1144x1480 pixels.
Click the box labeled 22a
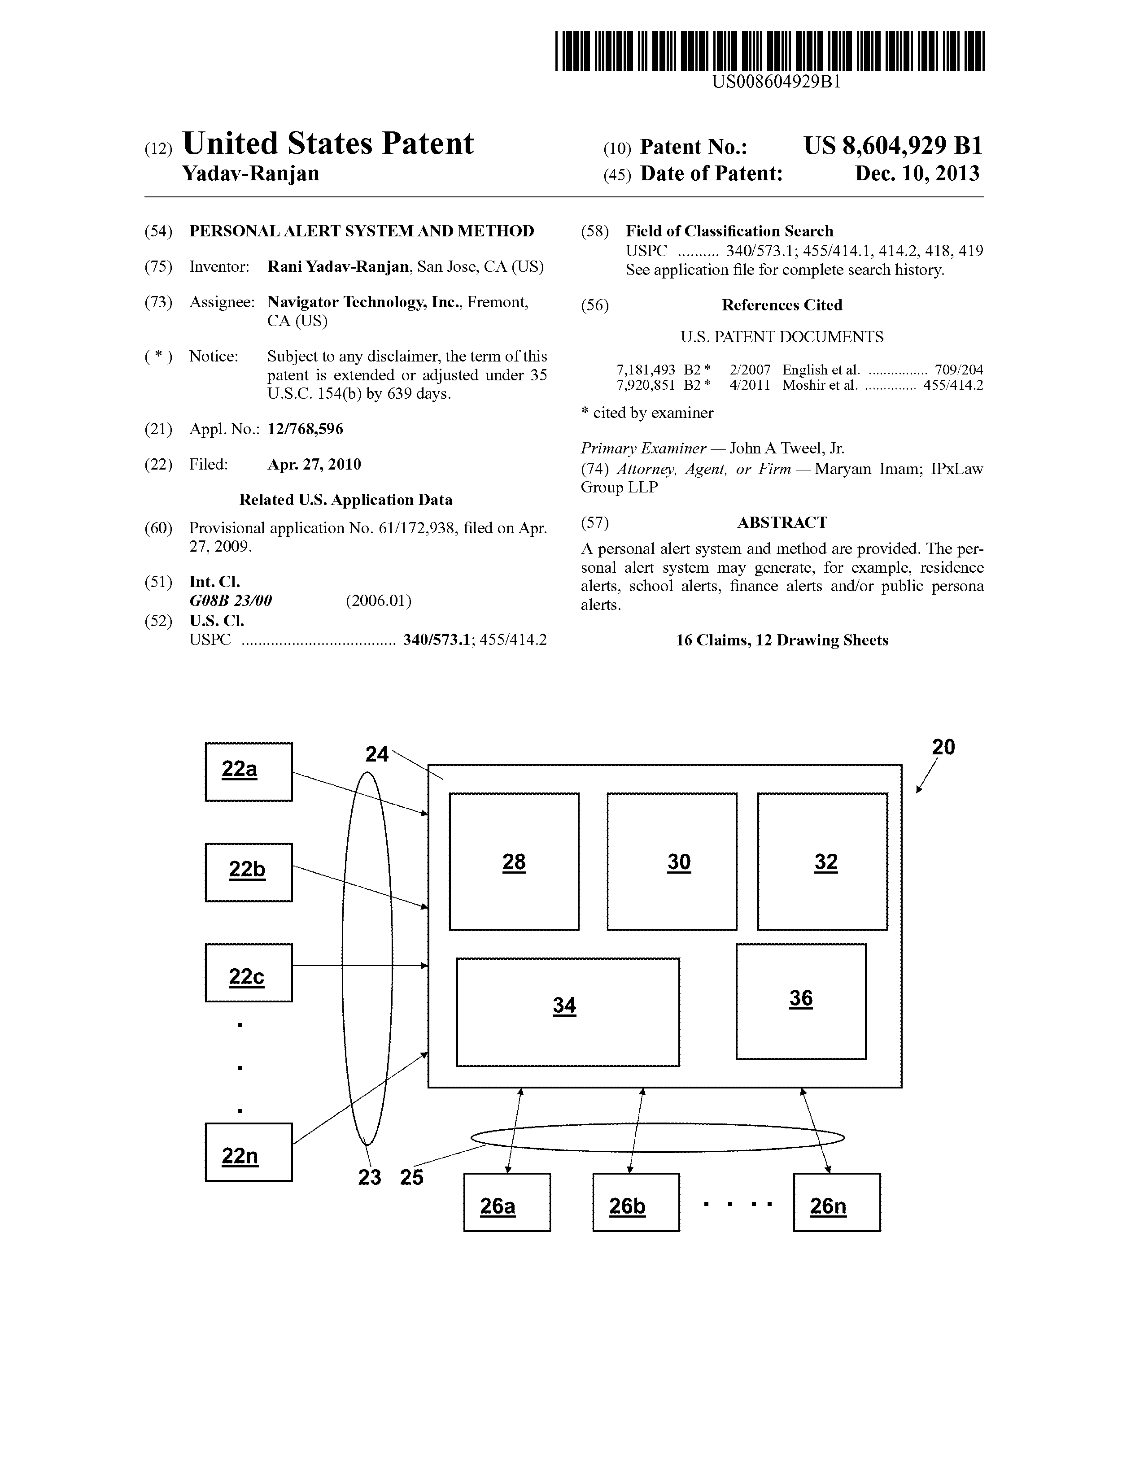click(x=249, y=771)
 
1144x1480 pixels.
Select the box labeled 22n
click(x=249, y=1152)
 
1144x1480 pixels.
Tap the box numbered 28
click(x=515, y=861)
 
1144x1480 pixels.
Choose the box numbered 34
click(x=568, y=1012)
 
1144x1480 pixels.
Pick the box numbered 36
click(x=801, y=1001)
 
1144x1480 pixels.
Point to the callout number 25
click(x=411, y=1178)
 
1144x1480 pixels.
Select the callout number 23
click(x=369, y=1178)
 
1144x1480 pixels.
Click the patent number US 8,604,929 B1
click(x=893, y=146)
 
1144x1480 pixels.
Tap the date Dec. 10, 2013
click(x=917, y=174)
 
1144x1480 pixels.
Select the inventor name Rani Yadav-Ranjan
click(x=338, y=266)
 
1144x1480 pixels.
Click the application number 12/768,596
click(x=305, y=429)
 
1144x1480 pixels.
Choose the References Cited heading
click(x=782, y=305)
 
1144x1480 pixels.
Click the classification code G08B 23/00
click(x=231, y=601)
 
